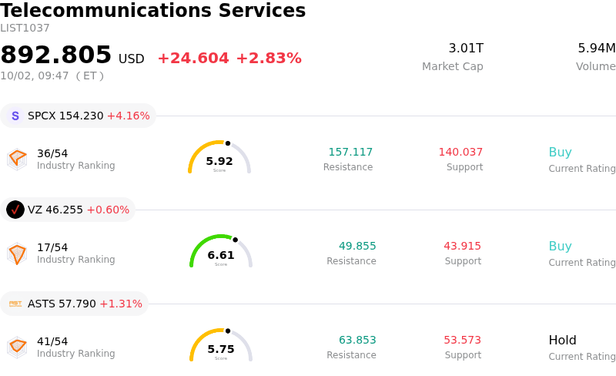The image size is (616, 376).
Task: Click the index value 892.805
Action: pos(55,54)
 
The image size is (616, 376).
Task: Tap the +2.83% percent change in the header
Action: pos(269,59)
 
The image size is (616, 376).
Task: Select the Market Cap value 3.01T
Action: pos(466,48)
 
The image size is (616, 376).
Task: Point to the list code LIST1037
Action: pos(25,29)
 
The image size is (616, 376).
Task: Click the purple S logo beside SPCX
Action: pos(15,116)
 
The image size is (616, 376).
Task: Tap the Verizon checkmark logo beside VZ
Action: pos(15,210)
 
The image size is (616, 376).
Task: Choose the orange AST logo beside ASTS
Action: pos(15,304)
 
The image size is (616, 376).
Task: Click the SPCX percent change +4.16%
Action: pos(129,116)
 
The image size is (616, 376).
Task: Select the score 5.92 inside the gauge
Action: pos(219,161)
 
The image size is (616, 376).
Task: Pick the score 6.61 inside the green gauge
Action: pos(221,255)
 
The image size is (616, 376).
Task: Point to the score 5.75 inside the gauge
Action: pos(221,349)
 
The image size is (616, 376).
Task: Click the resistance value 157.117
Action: pos(350,152)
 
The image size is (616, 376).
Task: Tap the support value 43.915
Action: pos(463,246)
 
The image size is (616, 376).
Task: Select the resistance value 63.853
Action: pos(357,340)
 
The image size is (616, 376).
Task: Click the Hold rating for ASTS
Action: pos(563,340)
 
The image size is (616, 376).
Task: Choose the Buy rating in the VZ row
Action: pos(561,247)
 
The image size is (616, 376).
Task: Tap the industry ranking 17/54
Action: pos(52,247)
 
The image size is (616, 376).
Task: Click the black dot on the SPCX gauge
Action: pos(228,143)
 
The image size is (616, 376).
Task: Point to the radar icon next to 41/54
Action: pos(17,347)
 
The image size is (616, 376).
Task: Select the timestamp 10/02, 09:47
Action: pos(35,76)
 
